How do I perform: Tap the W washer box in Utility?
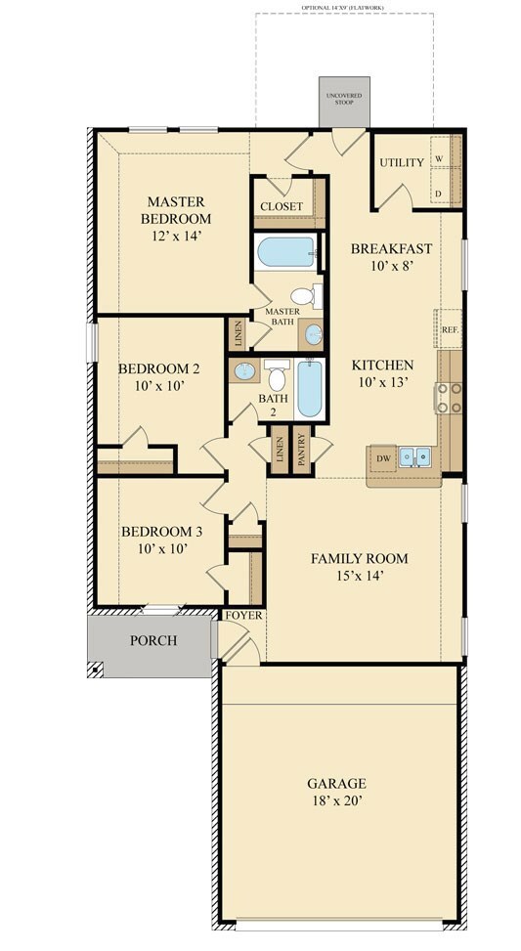(x=439, y=159)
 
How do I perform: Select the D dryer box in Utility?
(x=439, y=195)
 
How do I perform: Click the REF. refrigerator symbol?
(x=450, y=330)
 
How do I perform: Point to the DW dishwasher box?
(x=383, y=457)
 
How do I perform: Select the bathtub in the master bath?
(x=285, y=253)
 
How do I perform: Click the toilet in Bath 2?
(x=278, y=377)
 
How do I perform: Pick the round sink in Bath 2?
(x=245, y=372)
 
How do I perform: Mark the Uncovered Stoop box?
(x=344, y=100)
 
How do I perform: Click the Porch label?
(x=153, y=641)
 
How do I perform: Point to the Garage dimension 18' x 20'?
(x=336, y=801)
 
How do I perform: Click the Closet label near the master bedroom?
(x=281, y=207)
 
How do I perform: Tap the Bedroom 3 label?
(x=162, y=532)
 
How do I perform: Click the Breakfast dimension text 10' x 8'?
(x=391, y=267)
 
